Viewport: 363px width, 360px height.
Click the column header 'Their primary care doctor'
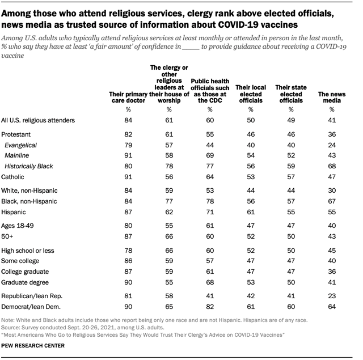[x=127, y=96]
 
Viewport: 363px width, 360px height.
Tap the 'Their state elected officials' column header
[x=290, y=93]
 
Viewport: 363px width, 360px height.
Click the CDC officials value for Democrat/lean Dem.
[x=210, y=306]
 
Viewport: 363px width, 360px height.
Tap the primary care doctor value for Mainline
[x=128, y=156]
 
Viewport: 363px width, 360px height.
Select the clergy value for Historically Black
[x=169, y=166]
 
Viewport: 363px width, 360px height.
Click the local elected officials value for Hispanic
[x=250, y=211]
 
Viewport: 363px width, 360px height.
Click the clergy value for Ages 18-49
[x=169, y=226]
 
